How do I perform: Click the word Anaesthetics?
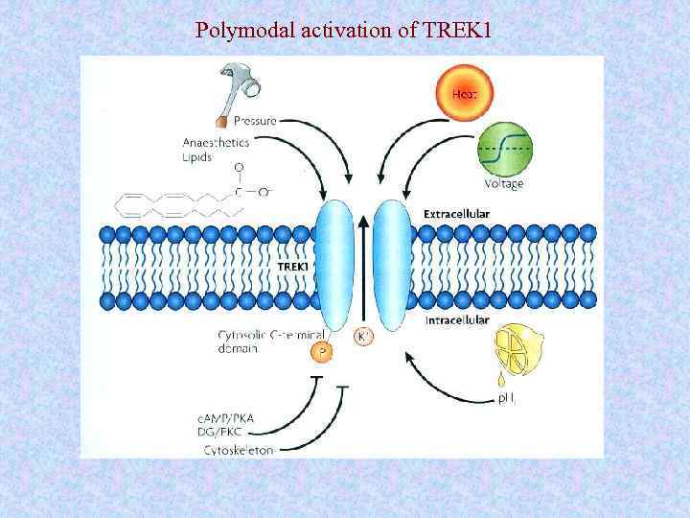point(216,142)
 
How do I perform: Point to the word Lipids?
point(197,155)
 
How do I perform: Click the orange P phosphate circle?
point(323,352)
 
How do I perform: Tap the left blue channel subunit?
point(335,266)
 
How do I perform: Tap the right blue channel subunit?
point(392,266)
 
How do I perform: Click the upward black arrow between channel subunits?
point(364,269)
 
